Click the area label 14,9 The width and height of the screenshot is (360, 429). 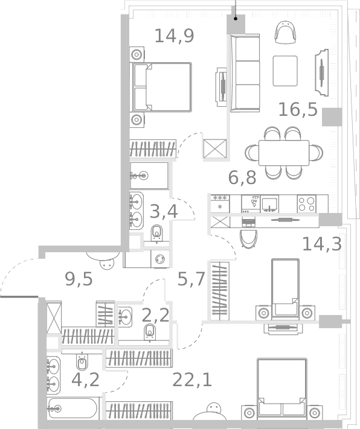click(x=174, y=37)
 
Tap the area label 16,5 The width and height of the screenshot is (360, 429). click(x=297, y=109)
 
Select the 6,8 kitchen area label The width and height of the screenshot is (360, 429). click(x=242, y=177)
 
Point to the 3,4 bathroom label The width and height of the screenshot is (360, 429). click(x=163, y=212)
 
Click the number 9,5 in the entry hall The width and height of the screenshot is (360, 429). click(x=79, y=279)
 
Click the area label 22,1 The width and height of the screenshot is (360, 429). click(x=191, y=380)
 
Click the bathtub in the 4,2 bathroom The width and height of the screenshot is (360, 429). click(x=72, y=409)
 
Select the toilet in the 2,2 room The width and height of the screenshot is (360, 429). click(x=149, y=331)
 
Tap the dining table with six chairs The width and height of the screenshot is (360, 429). click(x=283, y=153)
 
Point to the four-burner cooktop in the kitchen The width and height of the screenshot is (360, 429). click(x=306, y=204)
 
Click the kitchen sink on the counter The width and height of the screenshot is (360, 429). click(x=269, y=203)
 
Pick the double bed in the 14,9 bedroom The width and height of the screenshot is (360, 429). click(x=162, y=87)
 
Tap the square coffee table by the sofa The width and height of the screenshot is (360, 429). click(x=285, y=71)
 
